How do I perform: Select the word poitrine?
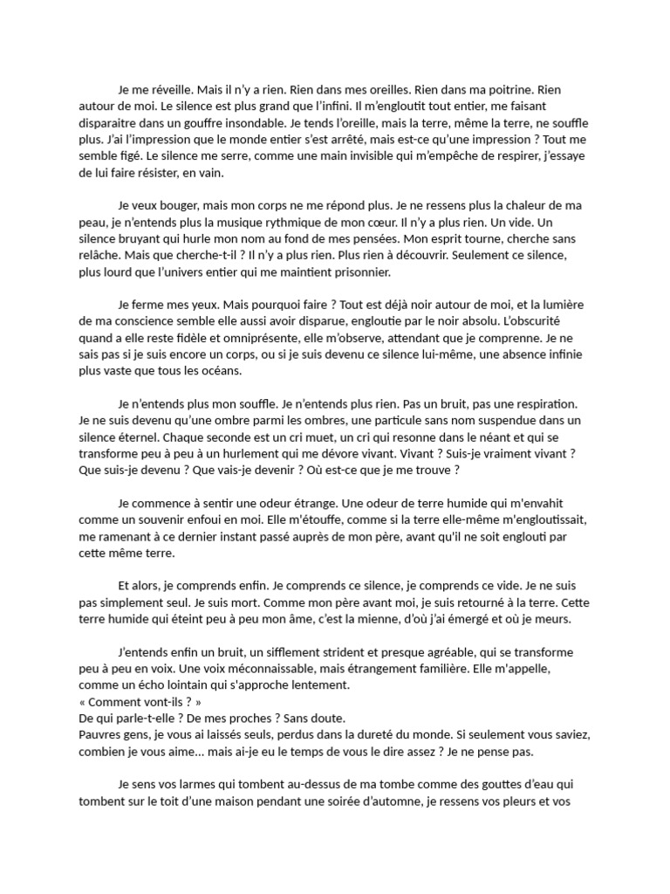coord(503,90)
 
